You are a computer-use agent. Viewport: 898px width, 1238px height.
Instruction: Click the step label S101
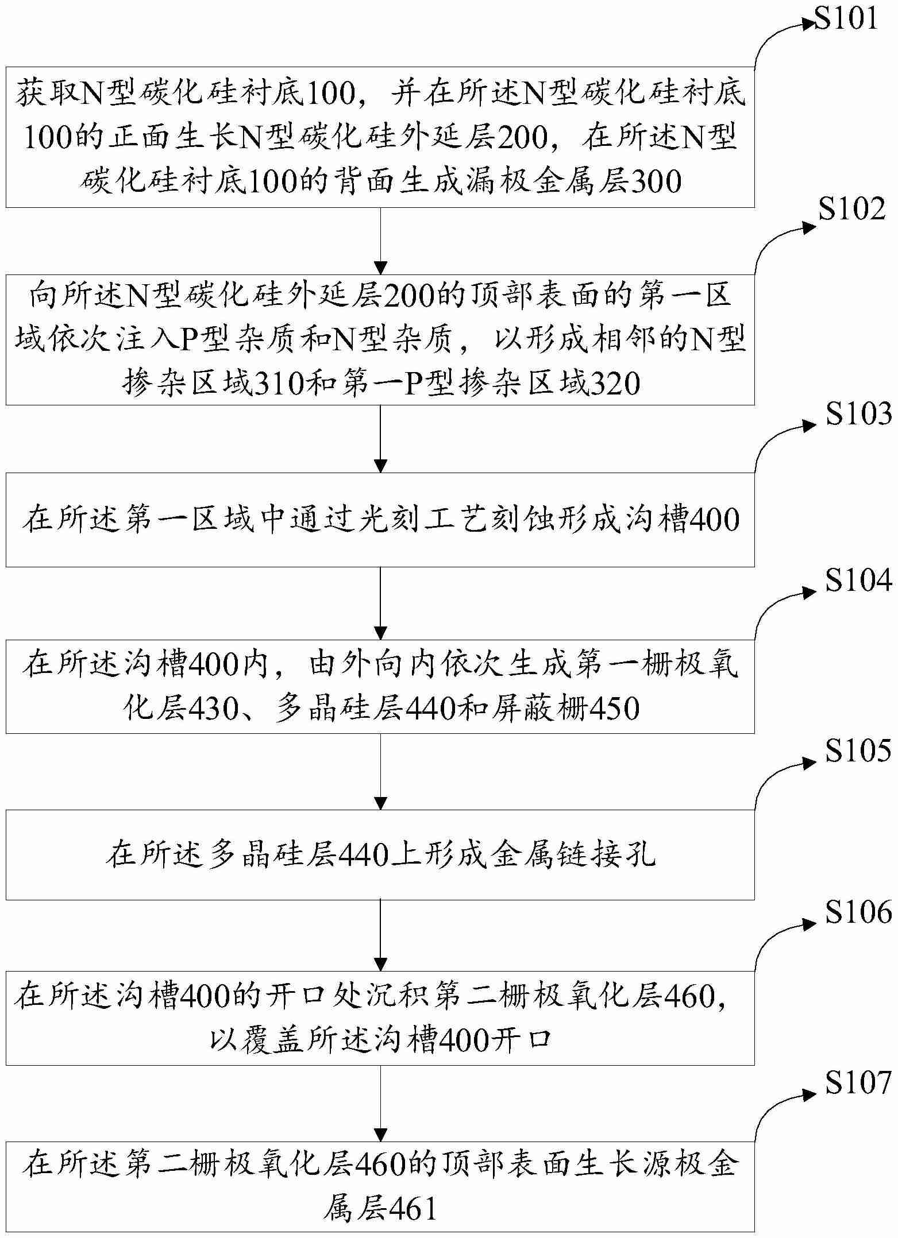847,20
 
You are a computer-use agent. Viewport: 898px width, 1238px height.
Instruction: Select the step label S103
859,414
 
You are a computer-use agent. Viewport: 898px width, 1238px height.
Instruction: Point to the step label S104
859,581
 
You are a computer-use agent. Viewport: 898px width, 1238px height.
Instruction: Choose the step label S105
859,750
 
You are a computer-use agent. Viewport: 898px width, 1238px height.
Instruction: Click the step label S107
859,1082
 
